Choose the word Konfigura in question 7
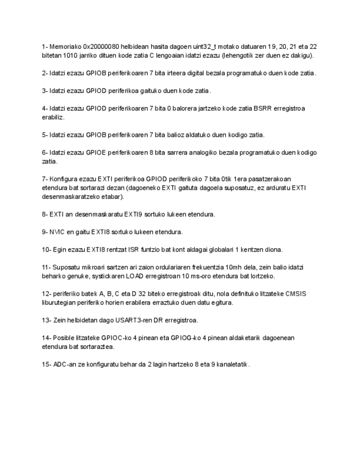(64, 179)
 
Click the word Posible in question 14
(64, 337)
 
